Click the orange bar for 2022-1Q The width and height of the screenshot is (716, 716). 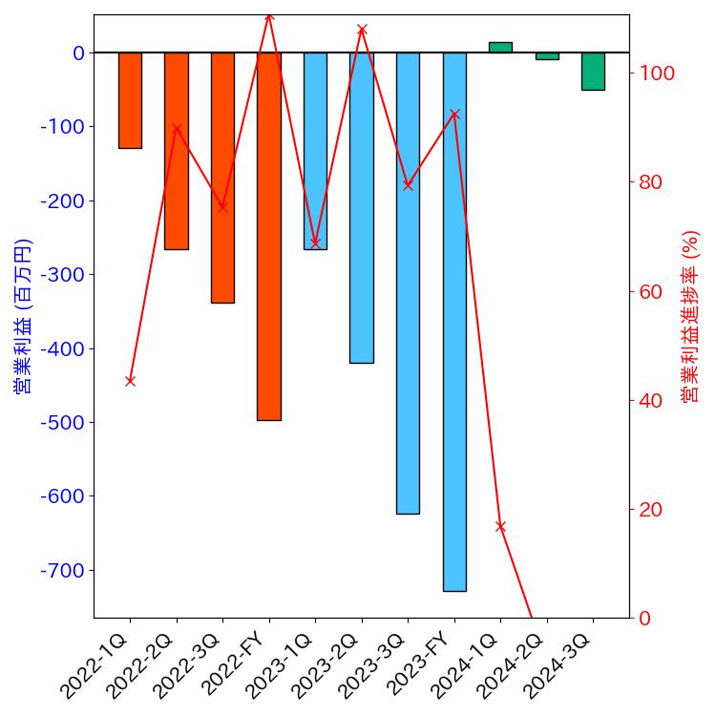(130, 100)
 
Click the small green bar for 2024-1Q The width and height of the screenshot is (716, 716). (500, 47)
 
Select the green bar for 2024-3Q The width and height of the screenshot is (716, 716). (593, 72)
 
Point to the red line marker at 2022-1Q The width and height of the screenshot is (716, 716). (130, 381)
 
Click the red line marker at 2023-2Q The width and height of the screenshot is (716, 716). (362, 30)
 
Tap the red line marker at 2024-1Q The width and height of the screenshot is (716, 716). (500, 526)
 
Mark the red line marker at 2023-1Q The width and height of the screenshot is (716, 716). (315, 242)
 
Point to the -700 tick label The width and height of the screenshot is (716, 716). (62, 570)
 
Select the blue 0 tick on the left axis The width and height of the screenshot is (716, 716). (78, 53)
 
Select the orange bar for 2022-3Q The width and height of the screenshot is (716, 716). (222, 178)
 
